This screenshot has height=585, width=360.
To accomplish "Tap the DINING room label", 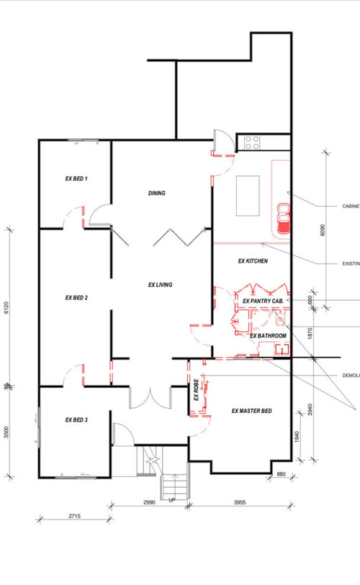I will [x=157, y=193].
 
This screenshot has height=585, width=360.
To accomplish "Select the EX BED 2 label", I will [x=76, y=297].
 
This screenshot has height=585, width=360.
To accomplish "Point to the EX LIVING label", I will [x=161, y=285].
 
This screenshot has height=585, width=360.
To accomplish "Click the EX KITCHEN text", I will [x=253, y=261].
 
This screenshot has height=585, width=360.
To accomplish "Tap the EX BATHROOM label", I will [x=268, y=336].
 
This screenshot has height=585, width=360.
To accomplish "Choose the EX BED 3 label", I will [x=76, y=420].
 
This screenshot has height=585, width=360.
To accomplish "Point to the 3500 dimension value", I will [x=6, y=434].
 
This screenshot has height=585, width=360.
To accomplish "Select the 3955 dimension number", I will [x=239, y=500].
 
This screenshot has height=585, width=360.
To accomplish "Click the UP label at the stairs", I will [x=172, y=500].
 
